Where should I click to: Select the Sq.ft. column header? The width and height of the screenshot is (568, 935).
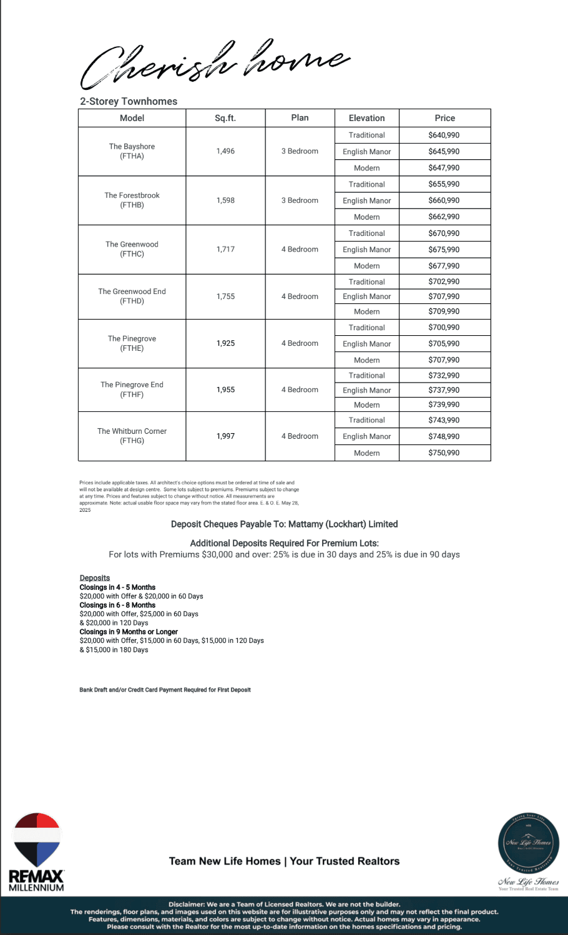(225, 118)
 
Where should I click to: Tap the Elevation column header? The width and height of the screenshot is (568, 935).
(366, 118)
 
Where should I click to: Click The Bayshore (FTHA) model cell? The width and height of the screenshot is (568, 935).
(132, 151)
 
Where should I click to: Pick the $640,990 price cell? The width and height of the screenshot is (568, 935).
(444, 135)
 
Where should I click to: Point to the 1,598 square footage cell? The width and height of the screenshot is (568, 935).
(225, 200)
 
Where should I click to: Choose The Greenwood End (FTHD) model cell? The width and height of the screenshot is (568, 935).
(132, 296)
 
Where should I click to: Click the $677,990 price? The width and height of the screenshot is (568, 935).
(444, 266)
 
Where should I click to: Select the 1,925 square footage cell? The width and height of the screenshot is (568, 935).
(225, 343)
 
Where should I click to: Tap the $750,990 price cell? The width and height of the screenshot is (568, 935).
(444, 453)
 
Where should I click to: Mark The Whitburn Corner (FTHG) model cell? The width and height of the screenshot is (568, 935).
(132, 436)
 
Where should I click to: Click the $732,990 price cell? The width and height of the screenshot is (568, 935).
(444, 375)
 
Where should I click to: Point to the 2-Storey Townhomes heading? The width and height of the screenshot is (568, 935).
(129, 101)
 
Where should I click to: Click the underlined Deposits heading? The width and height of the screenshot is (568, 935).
(95, 578)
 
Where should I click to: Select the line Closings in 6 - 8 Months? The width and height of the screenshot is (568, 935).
(117, 605)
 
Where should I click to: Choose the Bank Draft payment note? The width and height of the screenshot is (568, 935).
(165, 690)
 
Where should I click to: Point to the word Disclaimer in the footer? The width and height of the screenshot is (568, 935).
(186, 904)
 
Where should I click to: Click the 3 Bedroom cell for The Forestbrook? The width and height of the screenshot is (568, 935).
(300, 200)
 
